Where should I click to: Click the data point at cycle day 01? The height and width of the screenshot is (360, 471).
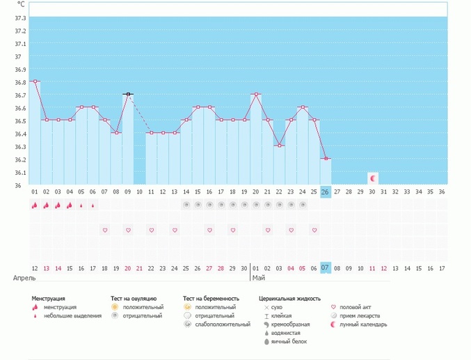pos(35,81)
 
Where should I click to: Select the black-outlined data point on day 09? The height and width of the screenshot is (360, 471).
pos(128,94)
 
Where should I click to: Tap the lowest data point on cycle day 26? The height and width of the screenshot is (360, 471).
pos(326,159)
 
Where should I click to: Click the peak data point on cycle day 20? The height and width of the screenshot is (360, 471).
pos(256,94)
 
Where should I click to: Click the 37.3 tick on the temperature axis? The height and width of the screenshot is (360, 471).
pos(20,18)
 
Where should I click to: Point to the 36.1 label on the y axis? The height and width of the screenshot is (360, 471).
pos(20,173)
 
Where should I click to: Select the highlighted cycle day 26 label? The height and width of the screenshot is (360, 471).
pos(326,192)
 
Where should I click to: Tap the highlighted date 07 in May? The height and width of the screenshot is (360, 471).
pos(326,267)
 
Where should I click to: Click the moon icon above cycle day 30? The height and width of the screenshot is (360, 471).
pos(373,178)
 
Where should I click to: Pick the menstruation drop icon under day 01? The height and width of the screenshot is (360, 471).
pos(35,205)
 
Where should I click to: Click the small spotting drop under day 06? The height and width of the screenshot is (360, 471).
pos(93,205)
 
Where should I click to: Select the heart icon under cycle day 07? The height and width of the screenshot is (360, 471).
pos(105,230)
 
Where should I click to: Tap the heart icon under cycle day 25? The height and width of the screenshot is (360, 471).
pos(314,230)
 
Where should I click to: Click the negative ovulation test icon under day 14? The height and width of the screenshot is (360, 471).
pos(186,205)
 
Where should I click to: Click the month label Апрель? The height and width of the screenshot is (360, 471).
pos(24,278)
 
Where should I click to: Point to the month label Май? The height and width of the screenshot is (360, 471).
pos(259,278)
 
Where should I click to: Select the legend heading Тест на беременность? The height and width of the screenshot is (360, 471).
pos(211,299)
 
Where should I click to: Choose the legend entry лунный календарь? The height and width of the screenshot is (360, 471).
pos(363,324)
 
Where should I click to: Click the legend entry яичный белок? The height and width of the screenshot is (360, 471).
pos(289,341)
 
